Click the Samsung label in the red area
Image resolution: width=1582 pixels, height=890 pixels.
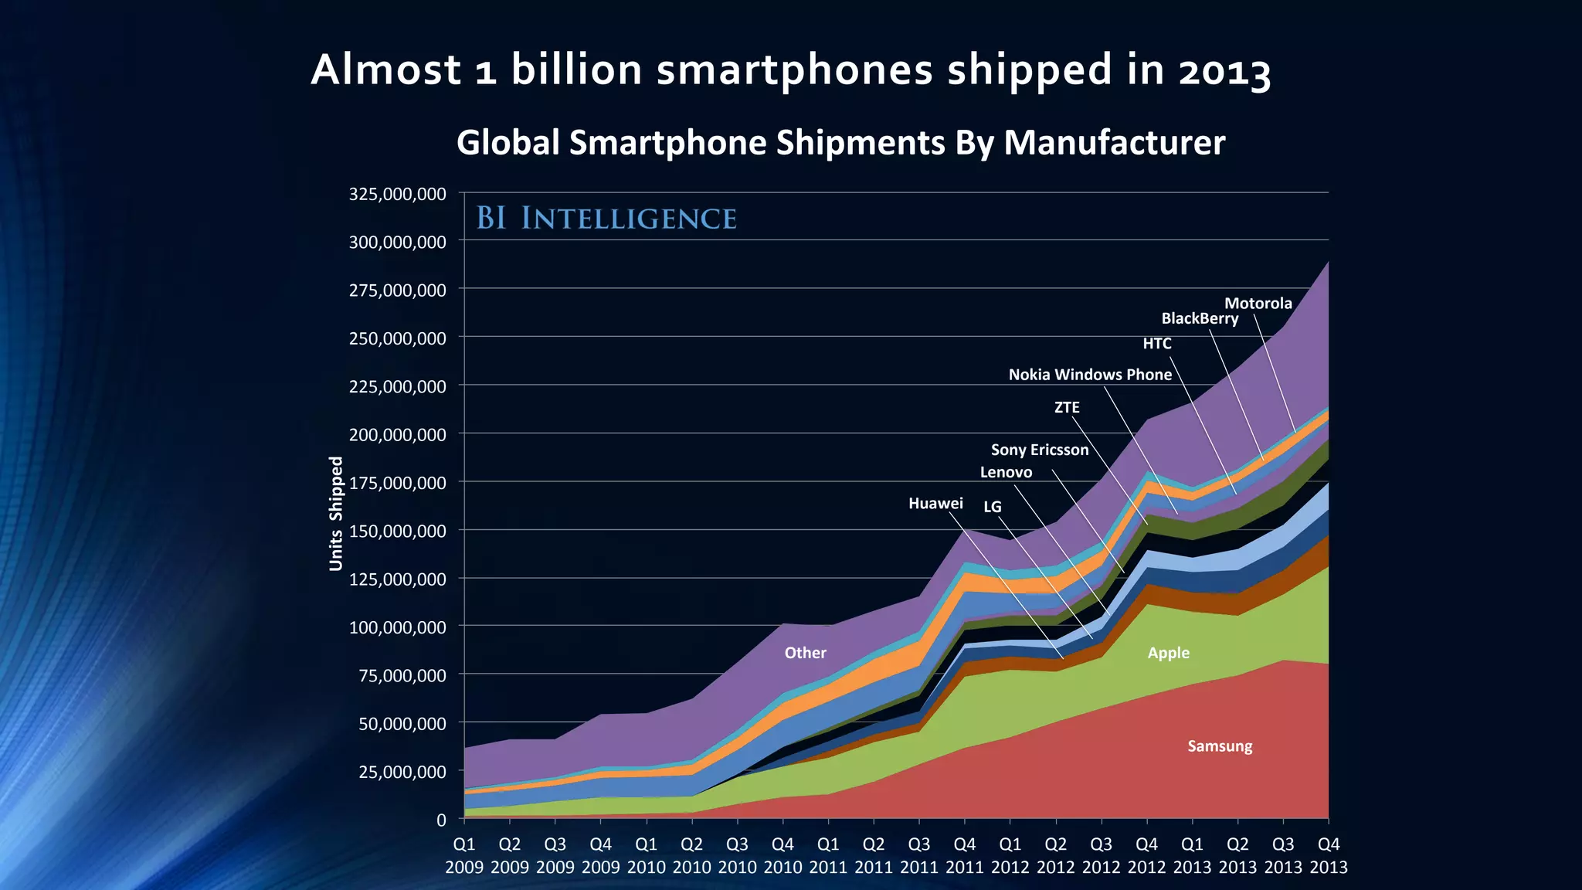pyautogui.click(x=1220, y=746)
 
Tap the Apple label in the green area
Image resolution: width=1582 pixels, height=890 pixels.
pyautogui.click(x=1168, y=653)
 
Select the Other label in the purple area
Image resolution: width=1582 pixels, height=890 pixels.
pyautogui.click(x=805, y=653)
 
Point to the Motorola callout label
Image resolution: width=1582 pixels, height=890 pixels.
pyautogui.click(x=1258, y=304)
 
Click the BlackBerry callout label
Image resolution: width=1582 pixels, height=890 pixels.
pyautogui.click(x=1200, y=318)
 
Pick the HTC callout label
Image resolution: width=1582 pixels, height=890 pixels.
pyautogui.click(x=1156, y=344)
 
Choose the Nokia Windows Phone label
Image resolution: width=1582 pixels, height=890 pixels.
pyautogui.click(x=1090, y=375)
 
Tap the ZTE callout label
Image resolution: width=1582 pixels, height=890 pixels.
pyautogui.click(x=1067, y=407)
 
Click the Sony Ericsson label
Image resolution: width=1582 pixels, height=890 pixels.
pyautogui.click(x=1039, y=450)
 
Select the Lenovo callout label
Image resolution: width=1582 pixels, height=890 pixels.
pyautogui.click(x=1006, y=472)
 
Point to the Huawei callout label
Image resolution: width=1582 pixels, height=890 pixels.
pyautogui.click(x=935, y=504)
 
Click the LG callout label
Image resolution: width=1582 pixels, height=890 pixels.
pyautogui.click(x=992, y=507)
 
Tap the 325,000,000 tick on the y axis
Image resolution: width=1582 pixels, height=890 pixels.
pyautogui.click(x=397, y=194)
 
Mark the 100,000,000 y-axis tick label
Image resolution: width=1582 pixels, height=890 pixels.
pyautogui.click(x=397, y=627)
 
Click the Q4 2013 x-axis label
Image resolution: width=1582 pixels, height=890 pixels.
pyautogui.click(x=1328, y=855)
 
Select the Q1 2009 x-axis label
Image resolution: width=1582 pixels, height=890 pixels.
pyautogui.click(x=464, y=855)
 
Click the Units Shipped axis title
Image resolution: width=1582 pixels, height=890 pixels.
pyautogui.click(x=336, y=513)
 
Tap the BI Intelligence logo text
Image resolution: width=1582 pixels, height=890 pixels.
pyautogui.click(x=606, y=219)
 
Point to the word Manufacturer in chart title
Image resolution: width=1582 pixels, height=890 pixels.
pyautogui.click(x=1114, y=143)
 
